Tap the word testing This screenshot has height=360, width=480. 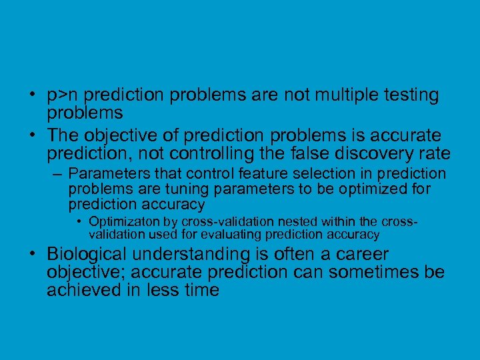(408, 95)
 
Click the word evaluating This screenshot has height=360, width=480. (232, 235)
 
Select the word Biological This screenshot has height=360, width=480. (87, 255)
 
